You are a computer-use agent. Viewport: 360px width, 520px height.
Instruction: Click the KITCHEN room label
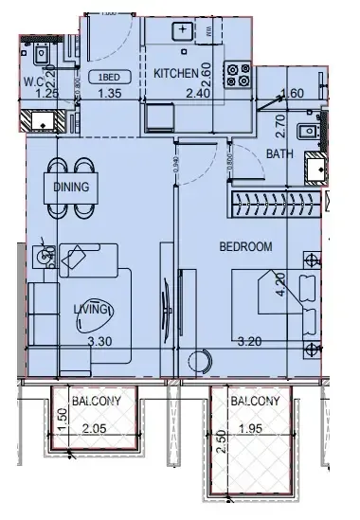pos(176,74)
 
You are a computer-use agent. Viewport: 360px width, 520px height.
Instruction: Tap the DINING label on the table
pos(71,187)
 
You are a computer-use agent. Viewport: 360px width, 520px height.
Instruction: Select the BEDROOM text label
pos(245,246)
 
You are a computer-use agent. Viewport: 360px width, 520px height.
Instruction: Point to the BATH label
pos(279,152)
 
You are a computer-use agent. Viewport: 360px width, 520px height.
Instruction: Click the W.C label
pos(35,81)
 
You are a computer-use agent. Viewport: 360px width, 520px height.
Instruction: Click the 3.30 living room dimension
pos(100,341)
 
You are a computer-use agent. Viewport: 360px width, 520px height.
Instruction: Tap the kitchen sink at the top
pos(183,30)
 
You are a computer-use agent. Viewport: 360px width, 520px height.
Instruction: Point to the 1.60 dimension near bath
pos(293,93)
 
